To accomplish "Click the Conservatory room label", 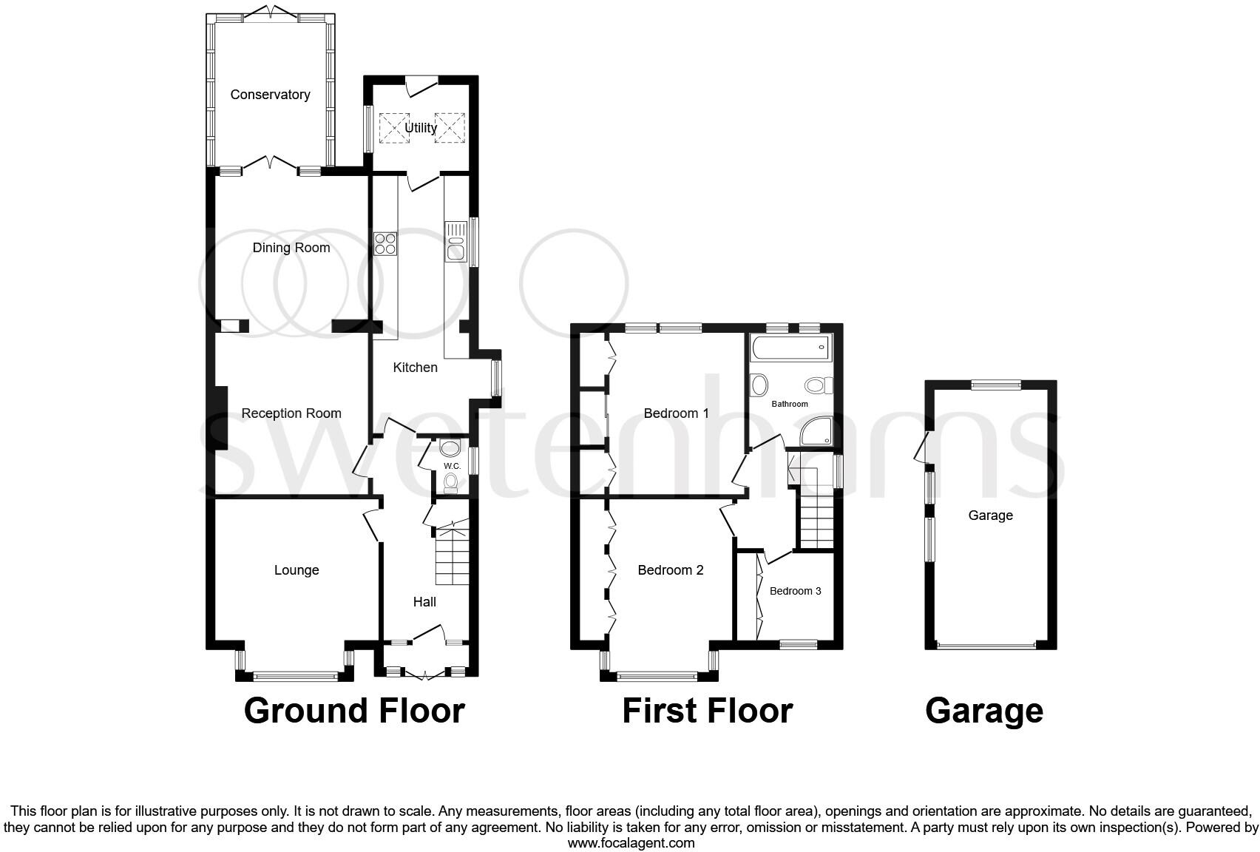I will tap(269, 95).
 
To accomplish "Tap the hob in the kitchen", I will tap(385, 243).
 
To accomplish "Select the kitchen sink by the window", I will tap(455, 241).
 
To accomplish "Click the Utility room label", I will tap(421, 128).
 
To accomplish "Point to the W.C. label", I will tap(452, 466).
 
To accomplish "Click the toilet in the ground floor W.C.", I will tap(450, 482).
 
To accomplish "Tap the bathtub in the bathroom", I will tap(790, 348).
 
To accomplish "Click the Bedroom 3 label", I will tap(795, 591).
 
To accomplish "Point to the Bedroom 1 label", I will tap(676, 413).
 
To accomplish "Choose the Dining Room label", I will tap(291, 248).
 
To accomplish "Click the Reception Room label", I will tap(291, 413).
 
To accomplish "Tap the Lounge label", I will tap(297, 570).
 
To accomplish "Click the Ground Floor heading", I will tap(354, 711).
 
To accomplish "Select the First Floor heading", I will tap(707, 711).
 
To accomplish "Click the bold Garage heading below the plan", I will tap(983, 711).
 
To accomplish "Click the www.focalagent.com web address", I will tap(631, 842).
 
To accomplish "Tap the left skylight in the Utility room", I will tap(393, 126).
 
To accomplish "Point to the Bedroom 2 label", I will tap(671, 570).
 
